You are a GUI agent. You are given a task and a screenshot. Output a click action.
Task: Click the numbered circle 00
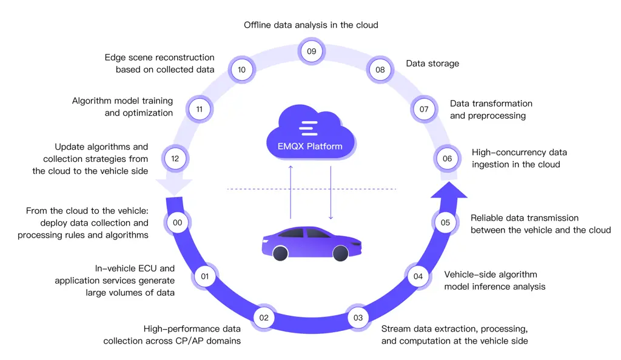point(178,222)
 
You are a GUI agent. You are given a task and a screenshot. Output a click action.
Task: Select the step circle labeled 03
point(358,318)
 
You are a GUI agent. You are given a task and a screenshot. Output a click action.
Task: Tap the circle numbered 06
point(447,159)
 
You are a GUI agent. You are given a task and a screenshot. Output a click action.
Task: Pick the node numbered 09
point(311,52)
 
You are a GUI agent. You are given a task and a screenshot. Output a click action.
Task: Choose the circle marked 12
point(175,159)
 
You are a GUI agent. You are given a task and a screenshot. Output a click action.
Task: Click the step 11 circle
point(199,110)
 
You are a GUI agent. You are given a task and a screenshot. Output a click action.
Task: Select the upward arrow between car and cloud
point(290,192)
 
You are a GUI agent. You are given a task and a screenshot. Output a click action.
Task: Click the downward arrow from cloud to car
point(331,192)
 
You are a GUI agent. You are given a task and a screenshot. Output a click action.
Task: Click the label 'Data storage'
point(432,64)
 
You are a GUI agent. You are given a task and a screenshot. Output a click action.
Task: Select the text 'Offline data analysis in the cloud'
point(311,25)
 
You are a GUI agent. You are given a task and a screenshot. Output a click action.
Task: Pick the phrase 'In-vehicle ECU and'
point(135,268)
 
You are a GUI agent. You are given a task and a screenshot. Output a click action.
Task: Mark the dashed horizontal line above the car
point(311,189)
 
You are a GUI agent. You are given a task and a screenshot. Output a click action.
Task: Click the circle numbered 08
point(380,70)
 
